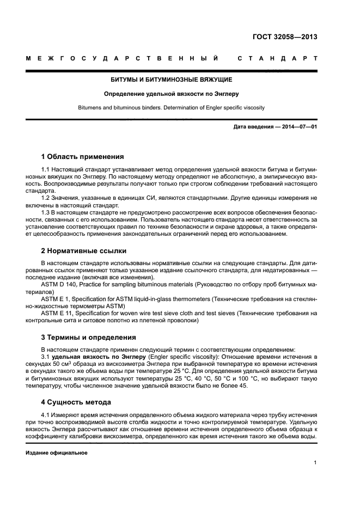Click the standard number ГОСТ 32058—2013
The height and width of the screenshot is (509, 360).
point(285,38)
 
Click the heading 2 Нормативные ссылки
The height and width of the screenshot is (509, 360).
point(84,251)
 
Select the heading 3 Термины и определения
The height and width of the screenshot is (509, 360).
point(88,337)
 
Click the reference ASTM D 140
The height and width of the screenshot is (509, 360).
point(59,285)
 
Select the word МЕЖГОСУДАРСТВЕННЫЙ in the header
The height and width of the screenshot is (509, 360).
point(123,58)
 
